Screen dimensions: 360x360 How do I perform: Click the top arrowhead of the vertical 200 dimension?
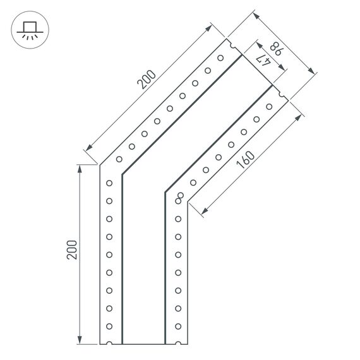[x=80, y=168]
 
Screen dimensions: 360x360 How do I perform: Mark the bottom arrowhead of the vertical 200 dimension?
[x=80, y=341]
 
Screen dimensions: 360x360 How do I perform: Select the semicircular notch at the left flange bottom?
[x=110, y=344]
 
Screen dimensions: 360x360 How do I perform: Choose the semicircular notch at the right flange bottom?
[x=177, y=344]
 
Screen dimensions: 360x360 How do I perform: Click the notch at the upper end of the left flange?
[x=232, y=46]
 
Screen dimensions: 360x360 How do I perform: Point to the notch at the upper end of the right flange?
[x=282, y=96]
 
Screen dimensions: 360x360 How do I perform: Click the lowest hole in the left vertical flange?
[x=109, y=327]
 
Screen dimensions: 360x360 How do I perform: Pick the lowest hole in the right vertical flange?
[x=178, y=327]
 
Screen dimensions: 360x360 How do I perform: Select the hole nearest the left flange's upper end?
[x=220, y=57]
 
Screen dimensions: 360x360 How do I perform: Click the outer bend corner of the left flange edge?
[x=100, y=165]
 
